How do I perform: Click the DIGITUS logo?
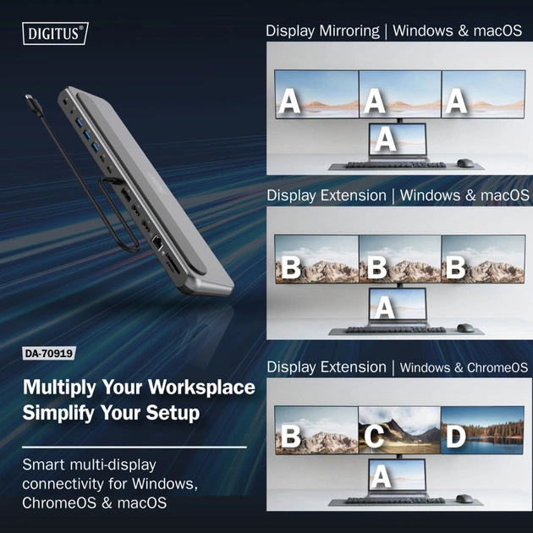pos(54,34)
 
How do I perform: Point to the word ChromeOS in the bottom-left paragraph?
pos(60,503)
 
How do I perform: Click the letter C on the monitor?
pos(375,437)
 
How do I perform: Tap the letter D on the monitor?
pos(456,437)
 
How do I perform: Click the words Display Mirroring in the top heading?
pos(322,31)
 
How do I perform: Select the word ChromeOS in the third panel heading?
pos(497,368)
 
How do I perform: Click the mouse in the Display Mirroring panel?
pos(464,162)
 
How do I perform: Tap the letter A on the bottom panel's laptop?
pos(382,476)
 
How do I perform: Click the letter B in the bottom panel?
pos(290,437)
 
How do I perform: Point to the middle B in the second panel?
pos(376,268)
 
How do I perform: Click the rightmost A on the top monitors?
pos(456,102)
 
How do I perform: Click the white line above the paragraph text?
pos(135,447)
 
